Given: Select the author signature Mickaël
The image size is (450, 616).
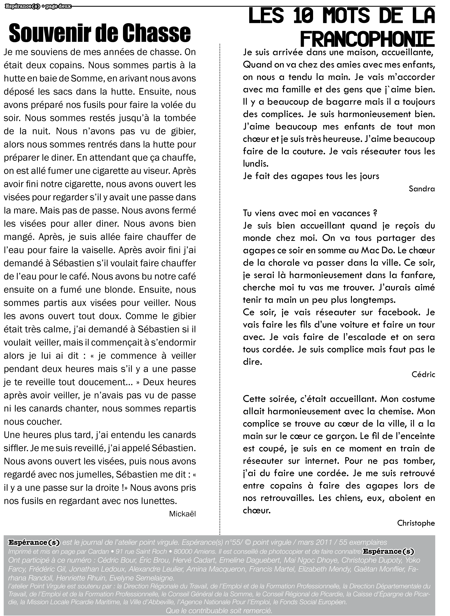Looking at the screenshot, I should (182, 514).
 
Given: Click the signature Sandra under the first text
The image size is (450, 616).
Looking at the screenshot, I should (422, 189).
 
